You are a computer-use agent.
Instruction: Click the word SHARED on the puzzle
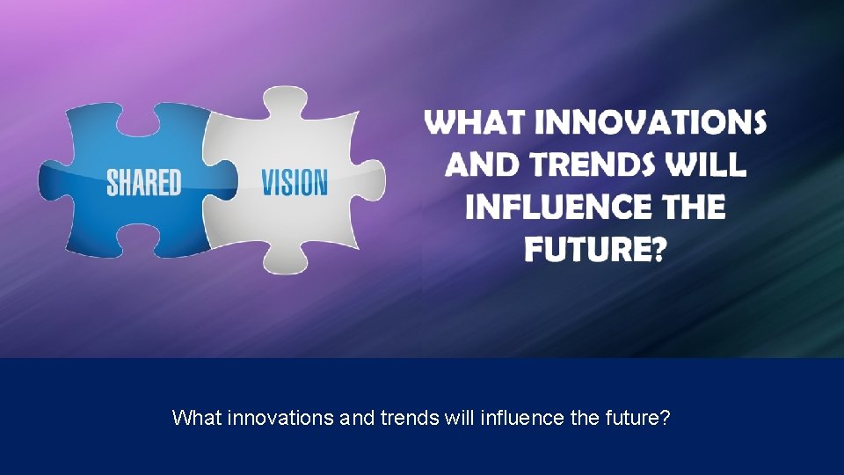point(143,183)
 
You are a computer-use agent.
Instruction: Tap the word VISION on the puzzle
point(294,183)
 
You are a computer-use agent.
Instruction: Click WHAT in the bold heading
point(475,123)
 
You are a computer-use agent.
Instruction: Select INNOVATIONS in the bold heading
point(650,123)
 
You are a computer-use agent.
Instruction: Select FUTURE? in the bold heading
point(595,250)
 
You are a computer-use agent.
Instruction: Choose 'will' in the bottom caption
point(460,417)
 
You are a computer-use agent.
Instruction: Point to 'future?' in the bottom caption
point(636,417)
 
